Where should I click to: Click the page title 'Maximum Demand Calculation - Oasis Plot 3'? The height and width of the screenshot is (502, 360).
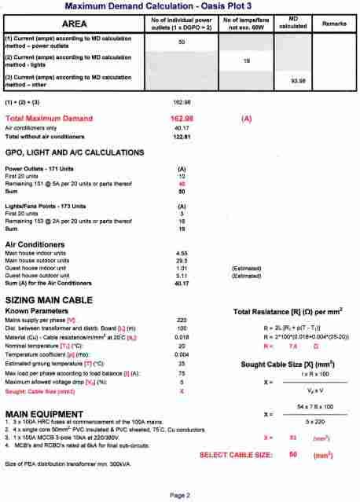(179, 6)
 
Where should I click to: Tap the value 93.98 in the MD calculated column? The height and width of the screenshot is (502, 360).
(298, 80)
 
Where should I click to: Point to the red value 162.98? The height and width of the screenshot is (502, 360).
(182, 117)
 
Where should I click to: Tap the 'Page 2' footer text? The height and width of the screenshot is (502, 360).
(179, 495)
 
